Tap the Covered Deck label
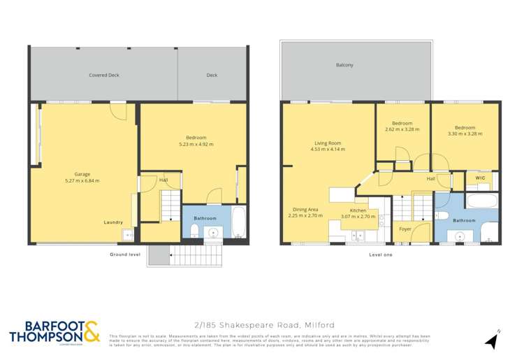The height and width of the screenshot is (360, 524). (104, 75)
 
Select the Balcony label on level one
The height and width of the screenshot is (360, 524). (344, 65)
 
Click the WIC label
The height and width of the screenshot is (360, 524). (480, 179)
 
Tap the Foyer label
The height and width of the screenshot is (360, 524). (405, 229)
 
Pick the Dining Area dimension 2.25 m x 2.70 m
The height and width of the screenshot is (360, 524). (305, 216)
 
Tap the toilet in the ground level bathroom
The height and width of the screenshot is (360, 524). (194, 231)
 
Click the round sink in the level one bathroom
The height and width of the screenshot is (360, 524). (460, 236)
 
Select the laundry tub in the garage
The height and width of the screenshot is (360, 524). (129, 235)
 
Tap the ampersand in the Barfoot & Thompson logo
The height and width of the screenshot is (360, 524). (91, 331)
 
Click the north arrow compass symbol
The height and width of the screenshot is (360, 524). (492, 341)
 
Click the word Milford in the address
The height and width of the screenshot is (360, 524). (319, 325)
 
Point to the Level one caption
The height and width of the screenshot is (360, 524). (381, 254)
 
